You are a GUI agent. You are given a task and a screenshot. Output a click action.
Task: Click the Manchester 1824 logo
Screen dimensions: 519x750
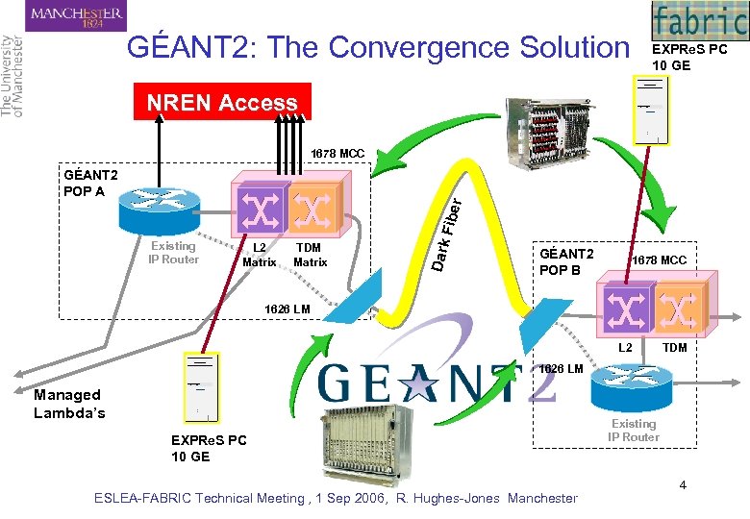76,15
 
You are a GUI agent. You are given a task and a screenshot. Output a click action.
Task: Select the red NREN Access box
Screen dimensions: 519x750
221,103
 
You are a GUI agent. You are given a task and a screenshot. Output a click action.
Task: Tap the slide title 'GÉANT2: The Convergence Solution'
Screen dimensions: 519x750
376,47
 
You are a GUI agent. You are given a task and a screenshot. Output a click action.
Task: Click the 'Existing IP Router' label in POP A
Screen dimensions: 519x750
174,253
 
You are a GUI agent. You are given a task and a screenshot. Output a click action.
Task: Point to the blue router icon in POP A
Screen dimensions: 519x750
154,206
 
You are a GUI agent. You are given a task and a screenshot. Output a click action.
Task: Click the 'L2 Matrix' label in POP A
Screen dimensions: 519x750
259,255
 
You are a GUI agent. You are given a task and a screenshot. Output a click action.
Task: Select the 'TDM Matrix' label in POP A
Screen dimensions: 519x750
310,255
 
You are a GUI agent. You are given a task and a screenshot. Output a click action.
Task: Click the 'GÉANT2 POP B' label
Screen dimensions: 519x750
566,261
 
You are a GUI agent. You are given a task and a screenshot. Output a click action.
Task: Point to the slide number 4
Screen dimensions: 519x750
683,484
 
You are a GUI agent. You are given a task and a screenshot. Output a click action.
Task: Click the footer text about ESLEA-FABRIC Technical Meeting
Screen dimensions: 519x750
336,498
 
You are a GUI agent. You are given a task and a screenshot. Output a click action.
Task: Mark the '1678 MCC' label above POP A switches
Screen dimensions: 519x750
337,154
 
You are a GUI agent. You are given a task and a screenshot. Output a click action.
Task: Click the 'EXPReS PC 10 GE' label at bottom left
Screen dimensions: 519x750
208,448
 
